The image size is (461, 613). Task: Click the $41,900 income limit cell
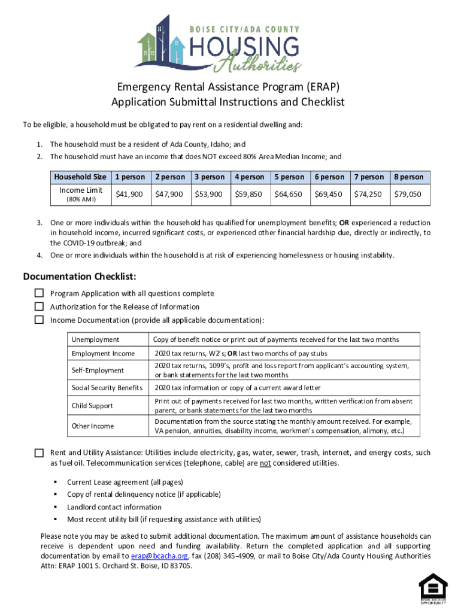click(129, 194)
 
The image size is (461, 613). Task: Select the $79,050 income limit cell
click(408, 194)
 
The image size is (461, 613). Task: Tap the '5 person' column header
click(289, 177)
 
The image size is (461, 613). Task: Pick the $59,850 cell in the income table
click(249, 194)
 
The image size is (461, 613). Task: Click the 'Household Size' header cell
click(80, 177)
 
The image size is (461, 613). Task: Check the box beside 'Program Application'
click(39, 293)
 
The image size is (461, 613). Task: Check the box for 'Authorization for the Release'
click(39, 306)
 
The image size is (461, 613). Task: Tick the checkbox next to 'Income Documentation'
click(39, 320)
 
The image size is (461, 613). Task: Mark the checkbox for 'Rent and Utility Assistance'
click(39, 453)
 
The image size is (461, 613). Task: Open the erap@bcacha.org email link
click(164, 556)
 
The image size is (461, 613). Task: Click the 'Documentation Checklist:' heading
click(80, 277)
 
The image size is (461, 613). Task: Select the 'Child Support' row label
click(92, 406)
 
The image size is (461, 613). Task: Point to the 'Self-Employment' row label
click(98, 371)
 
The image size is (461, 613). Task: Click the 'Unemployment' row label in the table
click(95, 339)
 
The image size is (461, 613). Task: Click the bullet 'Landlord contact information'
click(114, 507)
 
